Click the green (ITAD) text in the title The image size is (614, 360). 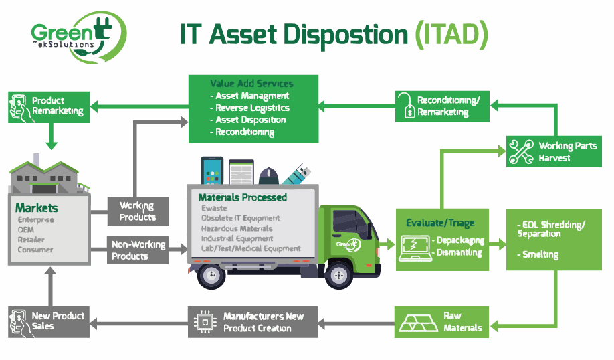coord(451,34)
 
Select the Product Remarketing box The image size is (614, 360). coord(49,106)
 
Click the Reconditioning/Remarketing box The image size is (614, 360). coord(442,106)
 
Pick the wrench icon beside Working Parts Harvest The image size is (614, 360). coord(521,151)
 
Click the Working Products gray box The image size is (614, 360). coord(138,211)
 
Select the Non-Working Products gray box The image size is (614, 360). coord(138,250)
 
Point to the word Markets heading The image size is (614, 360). coord(37,208)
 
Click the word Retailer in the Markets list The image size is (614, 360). coord(31,240)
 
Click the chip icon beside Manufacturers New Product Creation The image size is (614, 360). coord(203,321)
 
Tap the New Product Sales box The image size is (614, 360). coord(49,321)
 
